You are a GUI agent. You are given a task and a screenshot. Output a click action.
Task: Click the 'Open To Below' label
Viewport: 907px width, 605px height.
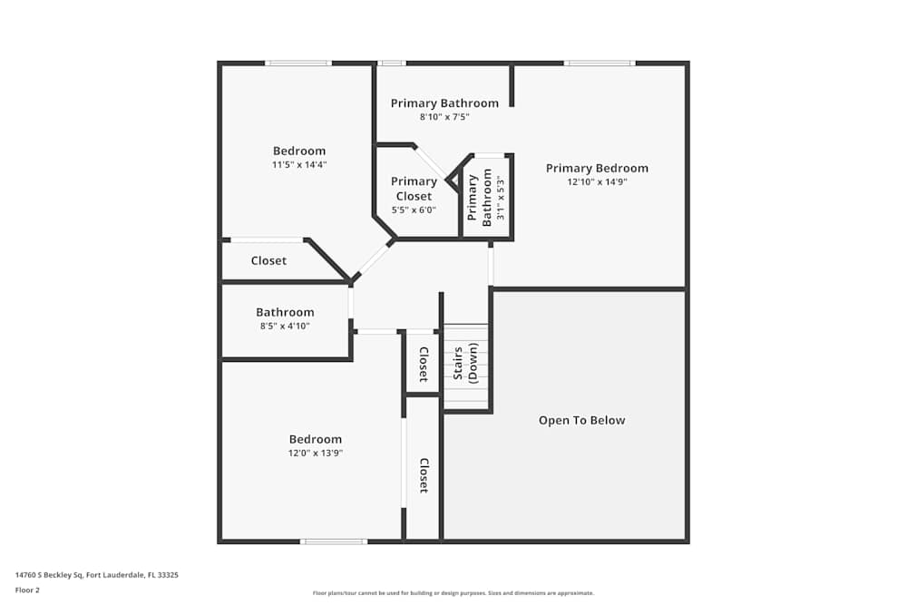click(581, 420)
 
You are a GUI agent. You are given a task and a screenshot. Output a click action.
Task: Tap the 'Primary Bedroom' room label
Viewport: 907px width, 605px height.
click(597, 168)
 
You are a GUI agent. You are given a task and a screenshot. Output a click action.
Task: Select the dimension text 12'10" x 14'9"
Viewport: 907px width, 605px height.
click(597, 181)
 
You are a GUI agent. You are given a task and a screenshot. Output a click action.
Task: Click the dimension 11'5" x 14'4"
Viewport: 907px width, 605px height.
click(299, 165)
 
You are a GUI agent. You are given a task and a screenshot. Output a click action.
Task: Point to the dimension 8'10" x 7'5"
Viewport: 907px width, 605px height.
click(444, 117)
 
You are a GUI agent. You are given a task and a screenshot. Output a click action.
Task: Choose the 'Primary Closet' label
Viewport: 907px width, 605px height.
click(414, 189)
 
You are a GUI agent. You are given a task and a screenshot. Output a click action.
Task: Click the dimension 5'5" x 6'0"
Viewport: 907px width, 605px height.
click(414, 210)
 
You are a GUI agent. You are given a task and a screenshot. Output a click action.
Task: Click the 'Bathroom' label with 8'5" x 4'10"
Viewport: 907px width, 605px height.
click(285, 312)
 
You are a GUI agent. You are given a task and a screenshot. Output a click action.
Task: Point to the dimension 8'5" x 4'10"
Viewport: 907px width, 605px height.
click(285, 326)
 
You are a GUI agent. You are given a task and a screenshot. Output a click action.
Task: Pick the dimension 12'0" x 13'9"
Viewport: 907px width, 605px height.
click(316, 453)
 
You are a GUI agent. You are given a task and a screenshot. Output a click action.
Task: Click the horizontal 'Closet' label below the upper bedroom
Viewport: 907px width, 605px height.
click(268, 260)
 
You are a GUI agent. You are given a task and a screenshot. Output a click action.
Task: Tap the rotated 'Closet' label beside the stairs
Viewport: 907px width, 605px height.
click(423, 365)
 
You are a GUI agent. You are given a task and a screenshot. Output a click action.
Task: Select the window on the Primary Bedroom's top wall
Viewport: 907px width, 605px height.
click(599, 63)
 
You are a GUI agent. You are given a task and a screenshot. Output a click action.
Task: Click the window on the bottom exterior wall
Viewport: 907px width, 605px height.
click(334, 542)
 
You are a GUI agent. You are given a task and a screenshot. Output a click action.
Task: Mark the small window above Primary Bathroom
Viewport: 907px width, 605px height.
click(391, 63)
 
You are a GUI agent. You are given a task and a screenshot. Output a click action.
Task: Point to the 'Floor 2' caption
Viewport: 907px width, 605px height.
click(27, 590)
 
